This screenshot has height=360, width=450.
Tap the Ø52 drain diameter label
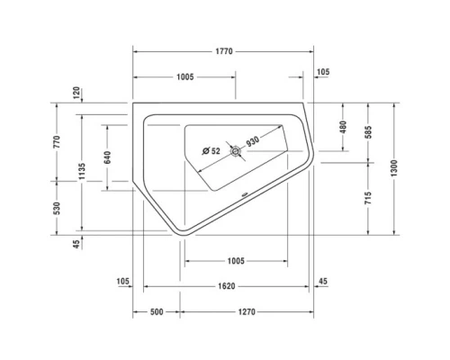[211, 150]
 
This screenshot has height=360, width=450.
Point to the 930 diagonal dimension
[252, 140]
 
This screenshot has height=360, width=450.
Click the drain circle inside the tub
[236, 153]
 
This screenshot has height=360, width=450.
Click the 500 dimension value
[157, 311]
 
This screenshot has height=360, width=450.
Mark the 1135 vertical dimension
[82, 171]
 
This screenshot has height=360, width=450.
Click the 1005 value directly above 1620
[235, 261]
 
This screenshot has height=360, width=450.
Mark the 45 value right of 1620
[323, 283]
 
